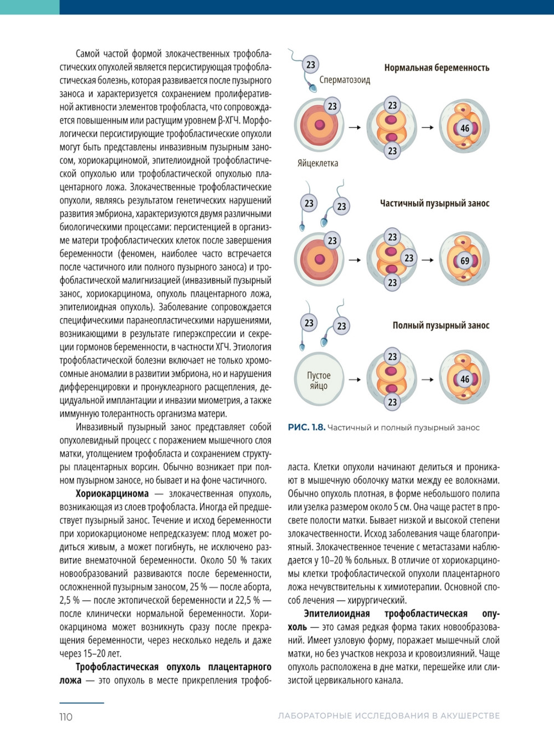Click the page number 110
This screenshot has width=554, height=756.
66,717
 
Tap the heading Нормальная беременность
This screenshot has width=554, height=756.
437,68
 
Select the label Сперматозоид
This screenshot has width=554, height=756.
345,80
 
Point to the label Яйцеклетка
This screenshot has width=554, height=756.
317,163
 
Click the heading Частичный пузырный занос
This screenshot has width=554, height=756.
434,203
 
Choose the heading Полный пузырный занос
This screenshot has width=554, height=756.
441,325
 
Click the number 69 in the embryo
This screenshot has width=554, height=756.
465,260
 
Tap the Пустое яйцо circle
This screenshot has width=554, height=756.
319,380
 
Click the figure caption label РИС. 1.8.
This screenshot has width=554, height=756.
306,427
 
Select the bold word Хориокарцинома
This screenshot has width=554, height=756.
112,494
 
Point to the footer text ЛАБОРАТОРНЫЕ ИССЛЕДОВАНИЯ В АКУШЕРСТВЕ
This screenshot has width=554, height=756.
389,716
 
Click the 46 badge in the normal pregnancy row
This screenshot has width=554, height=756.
465,128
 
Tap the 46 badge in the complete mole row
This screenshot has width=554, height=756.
465,379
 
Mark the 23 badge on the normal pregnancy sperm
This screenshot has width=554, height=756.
311,65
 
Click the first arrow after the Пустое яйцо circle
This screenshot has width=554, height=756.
355,380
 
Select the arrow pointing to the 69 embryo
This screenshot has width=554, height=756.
427,259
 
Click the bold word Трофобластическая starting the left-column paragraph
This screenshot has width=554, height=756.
118,667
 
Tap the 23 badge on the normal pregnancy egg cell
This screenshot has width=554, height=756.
332,106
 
